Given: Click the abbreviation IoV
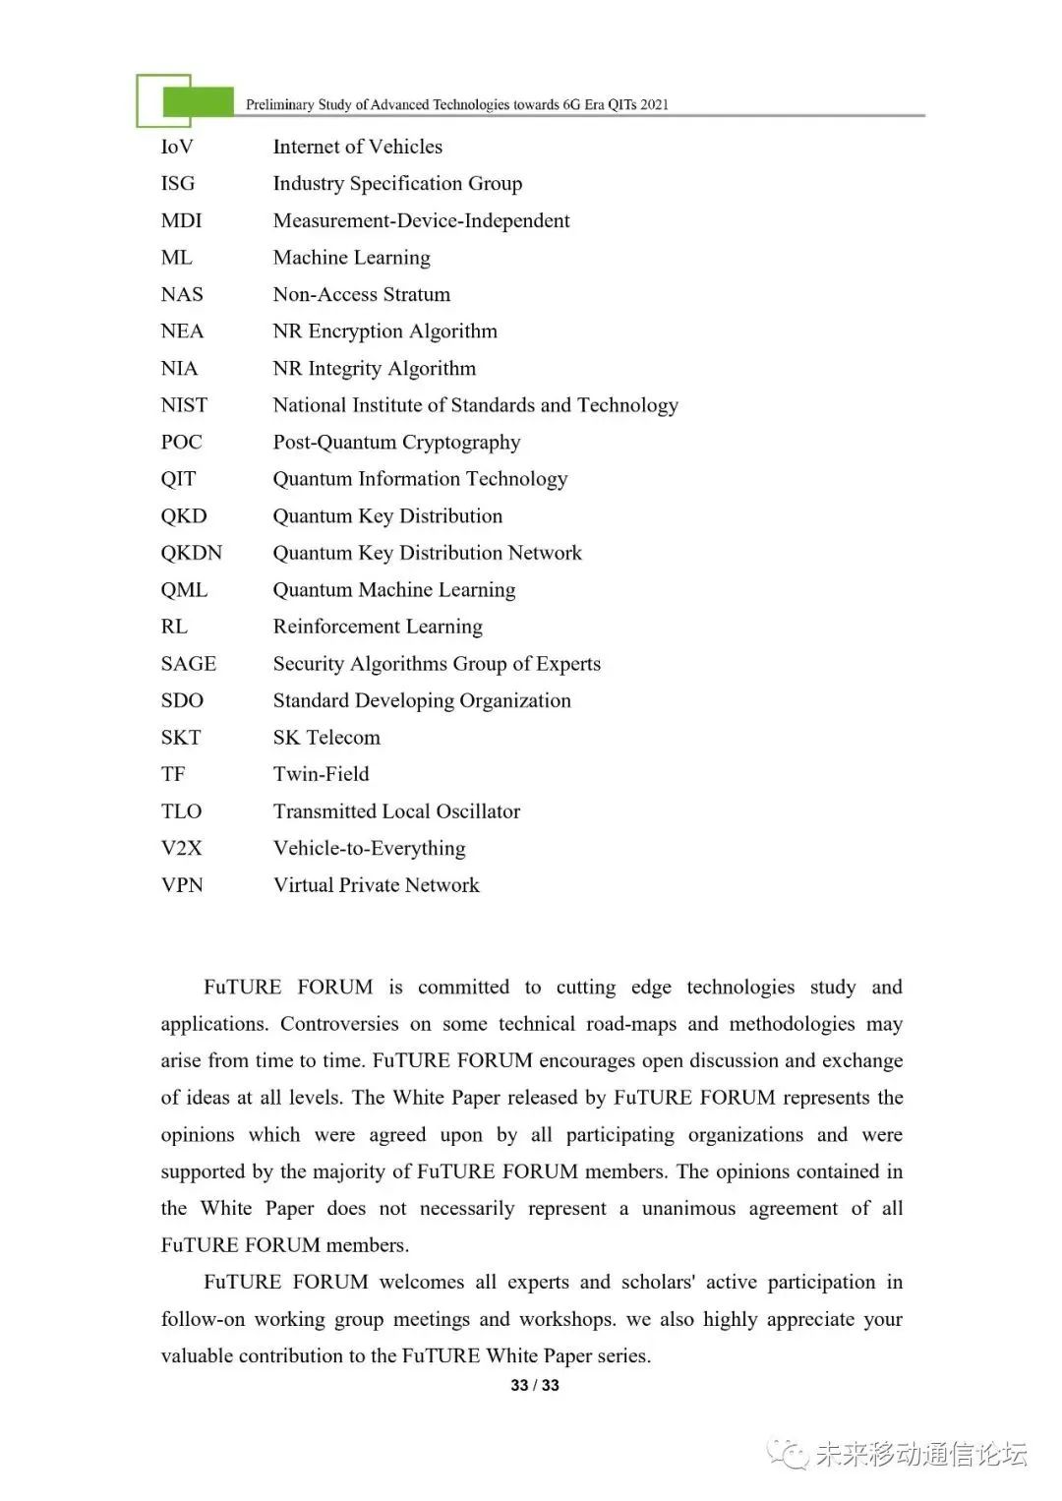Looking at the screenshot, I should (177, 148).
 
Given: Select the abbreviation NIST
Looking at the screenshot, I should (184, 405).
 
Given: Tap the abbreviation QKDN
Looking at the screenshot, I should (191, 553).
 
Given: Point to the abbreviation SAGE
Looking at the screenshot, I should (188, 664).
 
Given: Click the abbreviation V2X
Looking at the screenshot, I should (181, 848).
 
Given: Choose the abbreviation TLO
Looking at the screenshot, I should (181, 811).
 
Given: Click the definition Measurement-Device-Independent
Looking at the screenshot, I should (421, 221).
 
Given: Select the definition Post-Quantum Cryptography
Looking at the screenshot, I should (396, 443).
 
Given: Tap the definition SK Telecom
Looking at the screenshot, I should (326, 738).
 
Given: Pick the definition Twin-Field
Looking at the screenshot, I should (321, 774).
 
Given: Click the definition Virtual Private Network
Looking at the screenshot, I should (376, 885).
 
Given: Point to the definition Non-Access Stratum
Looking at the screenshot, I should (361, 295).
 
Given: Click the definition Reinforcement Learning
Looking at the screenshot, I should (378, 627).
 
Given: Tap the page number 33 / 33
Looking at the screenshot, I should (535, 1385).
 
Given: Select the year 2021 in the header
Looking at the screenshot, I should (654, 104).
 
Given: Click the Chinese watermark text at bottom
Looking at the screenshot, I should (921, 1454).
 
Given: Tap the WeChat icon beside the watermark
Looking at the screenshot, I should (788, 1454).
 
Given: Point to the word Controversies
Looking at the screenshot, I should (339, 1024).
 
